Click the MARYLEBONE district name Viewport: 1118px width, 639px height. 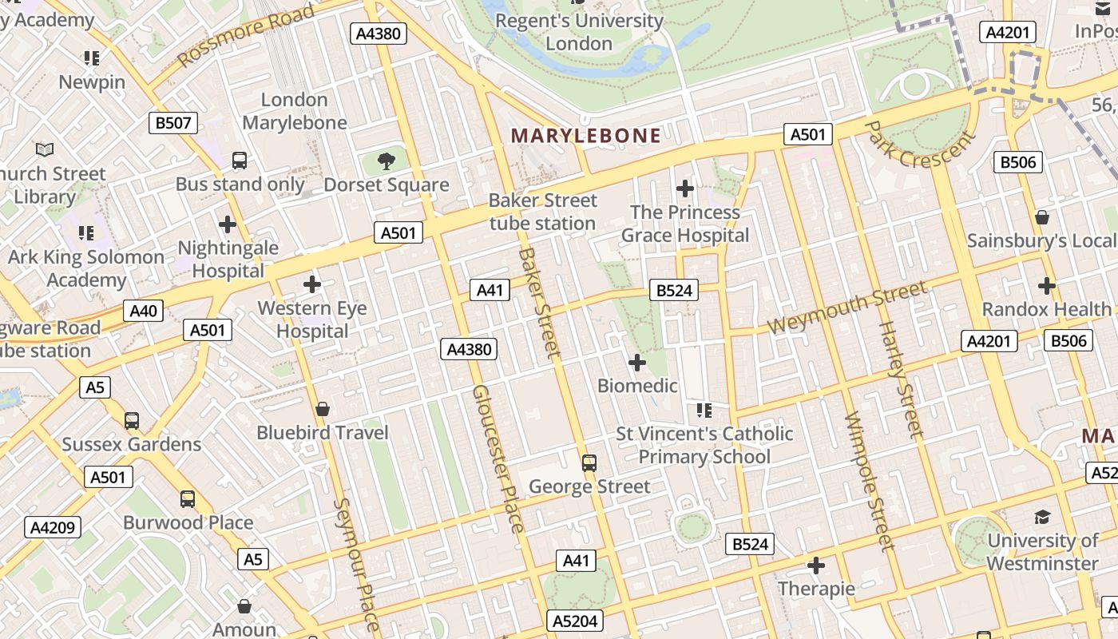click(586, 136)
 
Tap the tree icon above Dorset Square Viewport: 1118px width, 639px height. click(387, 161)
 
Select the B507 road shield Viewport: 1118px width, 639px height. click(173, 123)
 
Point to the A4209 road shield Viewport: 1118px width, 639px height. click(54, 527)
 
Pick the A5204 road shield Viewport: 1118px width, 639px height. click(575, 621)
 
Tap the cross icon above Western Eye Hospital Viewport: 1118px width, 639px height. click(312, 284)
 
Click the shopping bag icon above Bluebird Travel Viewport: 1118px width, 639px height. click(323, 409)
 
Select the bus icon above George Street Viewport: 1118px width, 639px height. click(589, 462)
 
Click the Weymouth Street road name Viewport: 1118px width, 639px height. click(847, 308)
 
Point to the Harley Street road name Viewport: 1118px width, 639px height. click(900, 379)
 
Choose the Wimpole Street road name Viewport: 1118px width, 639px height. click(869, 481)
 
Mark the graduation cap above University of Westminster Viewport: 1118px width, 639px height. click(1042, 517)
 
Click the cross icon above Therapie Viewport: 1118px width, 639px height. click(816, 566)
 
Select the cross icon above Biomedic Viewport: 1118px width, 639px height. click(637, 363)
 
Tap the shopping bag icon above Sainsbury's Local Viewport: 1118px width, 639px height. click(1042, 216)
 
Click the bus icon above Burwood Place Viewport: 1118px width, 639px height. click(188, 499)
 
